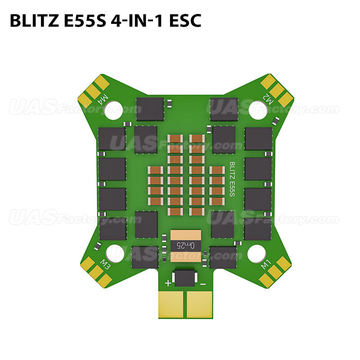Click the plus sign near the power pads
168,283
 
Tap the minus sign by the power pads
203,283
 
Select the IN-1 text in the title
146,21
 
